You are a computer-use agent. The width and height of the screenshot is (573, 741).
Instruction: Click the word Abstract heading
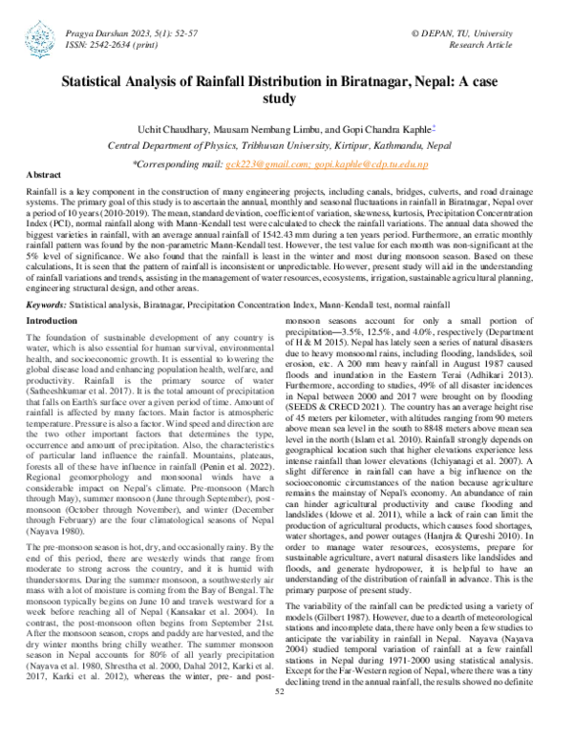[42, 176]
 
